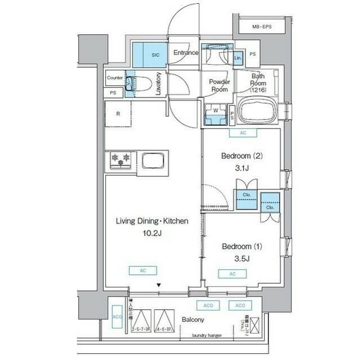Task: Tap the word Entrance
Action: coord(186,53)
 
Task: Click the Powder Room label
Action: coord(218,85)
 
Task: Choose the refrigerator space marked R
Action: coord(118,114)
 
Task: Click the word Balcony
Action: coord(192,320)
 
